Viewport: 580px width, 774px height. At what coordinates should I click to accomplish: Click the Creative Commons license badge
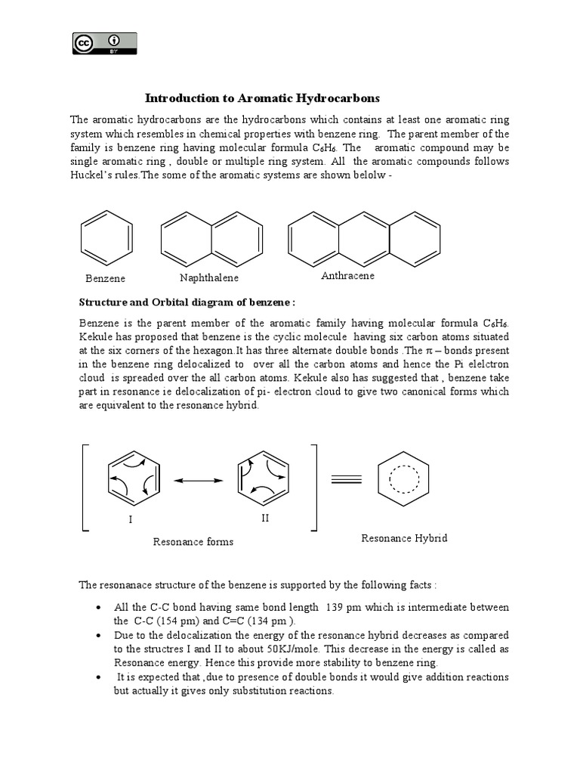104,43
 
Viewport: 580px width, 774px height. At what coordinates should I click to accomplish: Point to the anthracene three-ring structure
363,239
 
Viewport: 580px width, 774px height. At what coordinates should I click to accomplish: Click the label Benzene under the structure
105,279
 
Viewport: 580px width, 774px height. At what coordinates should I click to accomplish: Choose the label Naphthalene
209,278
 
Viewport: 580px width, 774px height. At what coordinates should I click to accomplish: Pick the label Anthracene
347,276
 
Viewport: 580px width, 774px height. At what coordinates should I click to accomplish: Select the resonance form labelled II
264,481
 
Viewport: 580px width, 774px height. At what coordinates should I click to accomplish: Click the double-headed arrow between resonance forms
199,481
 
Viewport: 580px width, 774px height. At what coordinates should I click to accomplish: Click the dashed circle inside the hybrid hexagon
403,478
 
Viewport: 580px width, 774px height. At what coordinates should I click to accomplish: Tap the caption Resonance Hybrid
404,538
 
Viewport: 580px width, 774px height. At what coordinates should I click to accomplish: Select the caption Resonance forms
193,541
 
